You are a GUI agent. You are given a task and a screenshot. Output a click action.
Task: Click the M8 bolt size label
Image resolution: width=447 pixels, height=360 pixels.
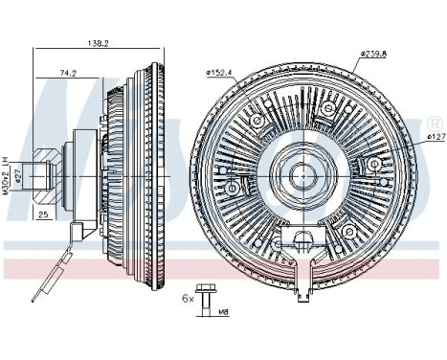tap(224, 309)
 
